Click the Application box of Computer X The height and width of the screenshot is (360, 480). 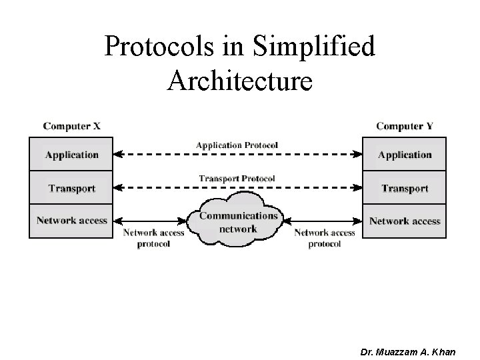click(x=71, y=155)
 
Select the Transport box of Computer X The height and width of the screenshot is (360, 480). click(x=71, y=188)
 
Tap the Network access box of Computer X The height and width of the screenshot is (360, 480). click(x=71, y=221)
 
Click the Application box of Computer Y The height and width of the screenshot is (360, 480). click(x=405, y=155)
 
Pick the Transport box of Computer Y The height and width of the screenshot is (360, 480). click(x=405, y=188)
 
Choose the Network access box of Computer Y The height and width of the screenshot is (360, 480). click(x=405, y=221)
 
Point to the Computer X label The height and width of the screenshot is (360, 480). click(x=71, y=125)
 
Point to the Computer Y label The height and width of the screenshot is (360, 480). click(x=405, y=125)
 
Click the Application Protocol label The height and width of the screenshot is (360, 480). click(x=237, y=145)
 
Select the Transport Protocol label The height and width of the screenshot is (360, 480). click(x=237, y=178)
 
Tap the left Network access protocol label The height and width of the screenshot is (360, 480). click(x=154, y=238)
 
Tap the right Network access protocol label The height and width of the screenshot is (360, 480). click(x=325, y=238)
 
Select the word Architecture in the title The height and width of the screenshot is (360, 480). click(x=240, y=80)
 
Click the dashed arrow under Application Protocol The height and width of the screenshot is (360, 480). click(x=237, y=155)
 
